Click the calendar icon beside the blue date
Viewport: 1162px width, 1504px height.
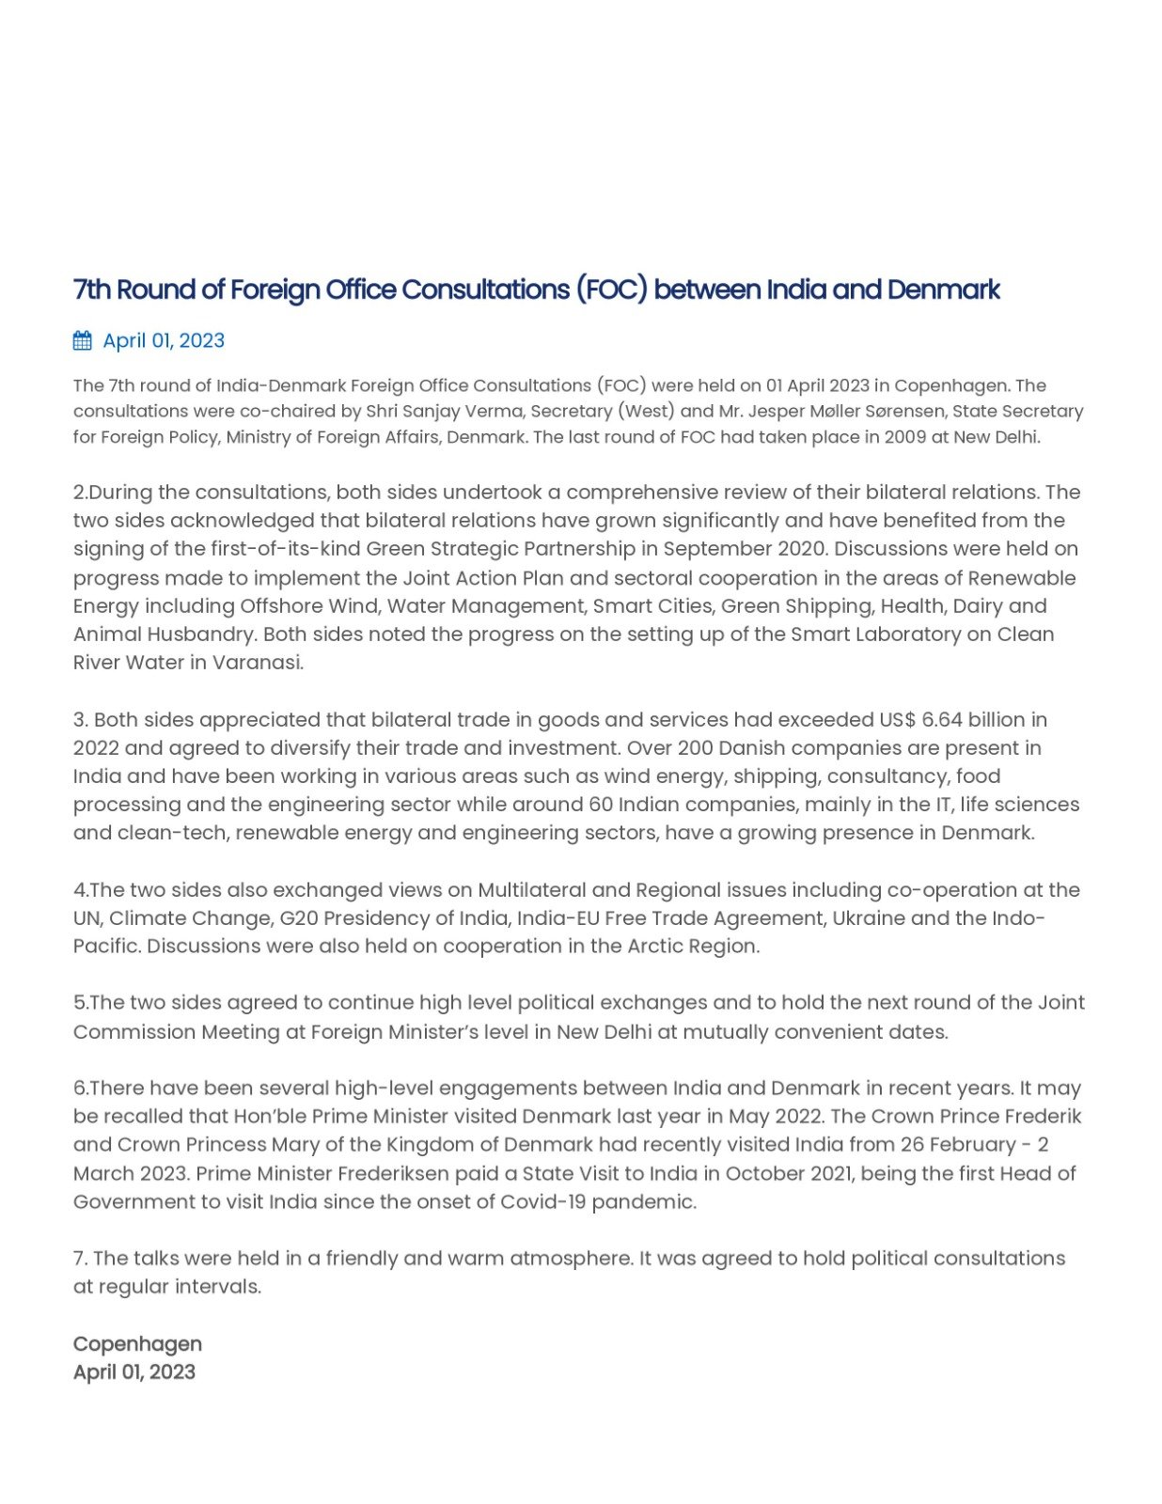click(83, 340)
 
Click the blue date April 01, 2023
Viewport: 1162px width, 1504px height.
click(164, 340)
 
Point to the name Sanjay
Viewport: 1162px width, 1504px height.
click(432, 411)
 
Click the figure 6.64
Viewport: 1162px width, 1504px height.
click(941, 719)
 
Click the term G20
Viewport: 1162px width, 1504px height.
click(299, 917)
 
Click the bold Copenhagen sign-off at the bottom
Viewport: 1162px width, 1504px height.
click(137, 1343)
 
